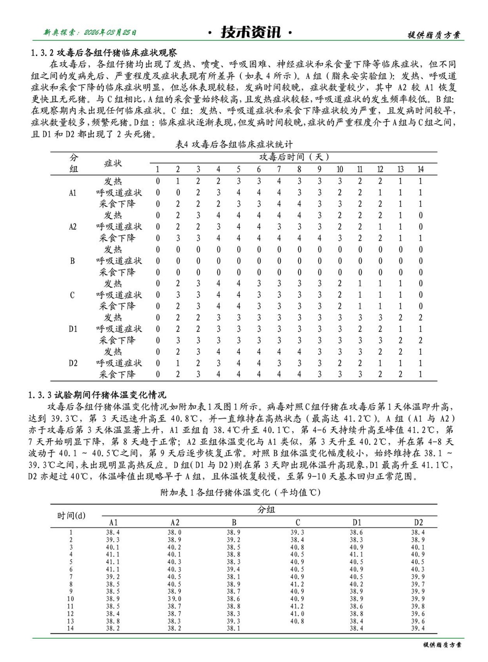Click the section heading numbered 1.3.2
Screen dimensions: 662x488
pyautogui.click(x=104, y=53)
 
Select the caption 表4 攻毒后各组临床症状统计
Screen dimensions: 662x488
pyautogui.click(x=234, y=145)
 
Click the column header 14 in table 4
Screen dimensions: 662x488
pyautogui.click(x=420, y=169)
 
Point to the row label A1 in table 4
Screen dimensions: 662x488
pyautogui.click(x=73, y=193)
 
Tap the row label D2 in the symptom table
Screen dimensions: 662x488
pyautogui.click(x=73, y=363)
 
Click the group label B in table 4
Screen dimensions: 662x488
pyautogui.click(x=72, y=261)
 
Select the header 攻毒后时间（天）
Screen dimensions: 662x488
pyautogui.click(x=294, y=157)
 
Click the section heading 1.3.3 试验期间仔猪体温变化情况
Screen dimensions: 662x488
pyautogui.click(x=97, y=395)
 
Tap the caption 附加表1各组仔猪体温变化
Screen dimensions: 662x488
pyautogui.click(x=240, y=492)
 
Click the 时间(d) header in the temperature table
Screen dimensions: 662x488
pyautogui.click(x=71, y=516)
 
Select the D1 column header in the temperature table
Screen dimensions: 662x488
pyautogui.click(x=356, y=522)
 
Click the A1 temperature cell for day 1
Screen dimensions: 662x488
pyautogui.click(x=113, y=532)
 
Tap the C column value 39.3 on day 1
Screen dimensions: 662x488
pyautogui.click(x=297, y=532)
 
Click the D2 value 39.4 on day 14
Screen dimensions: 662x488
pyautogui.click(x=418, y=629)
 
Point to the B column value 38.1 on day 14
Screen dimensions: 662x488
pyautogui.click(x=233, y=629)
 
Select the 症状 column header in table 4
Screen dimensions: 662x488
pyautogui.click(x=113, y=163)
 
